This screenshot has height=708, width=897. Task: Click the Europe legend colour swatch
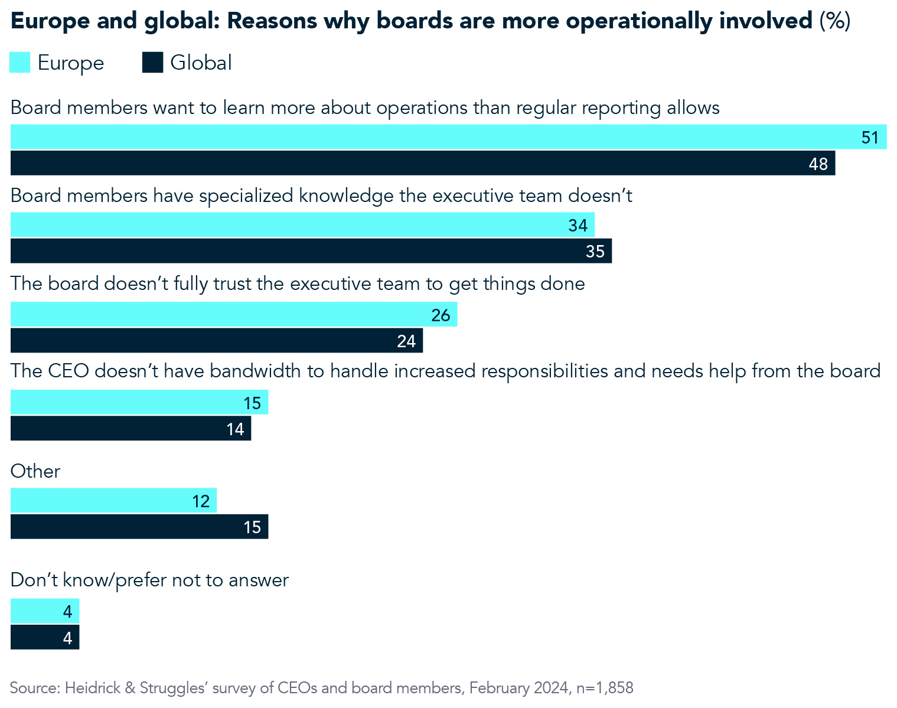[20, 63]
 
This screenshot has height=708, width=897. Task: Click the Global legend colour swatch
[152, 63]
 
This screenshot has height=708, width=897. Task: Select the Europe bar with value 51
[448, 137]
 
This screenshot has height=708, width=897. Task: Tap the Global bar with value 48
[422, 163]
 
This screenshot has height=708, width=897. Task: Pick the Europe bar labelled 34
[302, 225]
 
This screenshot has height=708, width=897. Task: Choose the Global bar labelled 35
[311, 251]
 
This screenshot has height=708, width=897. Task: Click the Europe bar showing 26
[234, 315]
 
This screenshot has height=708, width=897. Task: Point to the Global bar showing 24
[216, 341]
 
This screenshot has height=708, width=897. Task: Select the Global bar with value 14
[131, 428]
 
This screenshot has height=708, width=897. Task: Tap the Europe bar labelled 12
[113, 501]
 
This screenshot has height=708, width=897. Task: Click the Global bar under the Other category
[139, 527]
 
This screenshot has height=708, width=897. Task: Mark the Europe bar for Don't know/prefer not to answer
[45, 611]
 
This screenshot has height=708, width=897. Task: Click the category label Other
[35, 471]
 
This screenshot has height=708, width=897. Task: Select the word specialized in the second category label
[246, 196]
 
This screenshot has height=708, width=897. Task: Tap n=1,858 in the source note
[605, 688]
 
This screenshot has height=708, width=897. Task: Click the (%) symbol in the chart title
[834, 21]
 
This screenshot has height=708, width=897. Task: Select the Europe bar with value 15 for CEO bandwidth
[139, 402]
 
